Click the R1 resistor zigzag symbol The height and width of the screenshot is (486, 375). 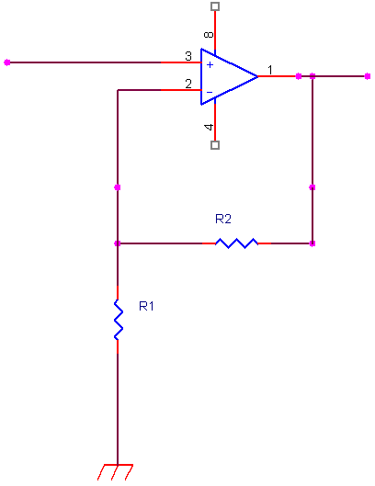(x=119, y=320)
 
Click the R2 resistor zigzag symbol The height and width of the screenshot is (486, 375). (x=236, y=243)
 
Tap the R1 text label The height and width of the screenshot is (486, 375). (x=146, y=306)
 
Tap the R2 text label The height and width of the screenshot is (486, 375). (x=223, y=219)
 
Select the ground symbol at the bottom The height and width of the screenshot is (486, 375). (x=116, y=472)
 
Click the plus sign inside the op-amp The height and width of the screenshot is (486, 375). (x=210, y=64)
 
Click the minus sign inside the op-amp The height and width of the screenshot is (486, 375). (x=210, y=92)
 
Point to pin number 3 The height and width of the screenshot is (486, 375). (x=188, y=56)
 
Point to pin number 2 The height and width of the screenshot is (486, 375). (x=188, y=84)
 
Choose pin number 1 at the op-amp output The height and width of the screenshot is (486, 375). (x=270, y=70)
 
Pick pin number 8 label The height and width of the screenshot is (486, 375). (x=209, y=34)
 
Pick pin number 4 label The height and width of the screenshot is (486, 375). (x=209, y=127)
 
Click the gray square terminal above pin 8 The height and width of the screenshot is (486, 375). (x=215, y=6)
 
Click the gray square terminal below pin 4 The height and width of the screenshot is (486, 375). (x=215, y=145)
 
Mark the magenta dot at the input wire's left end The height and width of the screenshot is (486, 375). (x=7, y=62)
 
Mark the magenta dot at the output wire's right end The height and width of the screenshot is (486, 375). (x=368, y=76)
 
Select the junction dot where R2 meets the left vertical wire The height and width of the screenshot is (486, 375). (x=118, y=243)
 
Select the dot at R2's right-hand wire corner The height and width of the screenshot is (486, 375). (x=312, y=243)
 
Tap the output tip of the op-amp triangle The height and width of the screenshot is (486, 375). (x=257, y=76)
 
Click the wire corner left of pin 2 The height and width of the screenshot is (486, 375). (x=118, y=90)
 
